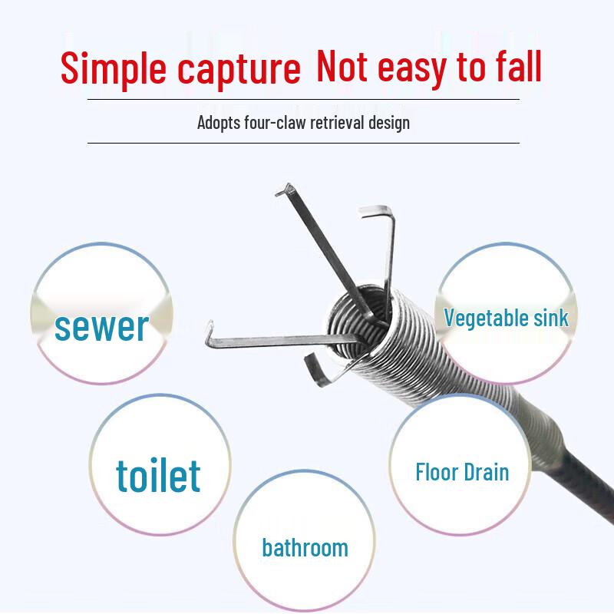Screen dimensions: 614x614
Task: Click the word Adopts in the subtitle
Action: (x=220, y=123)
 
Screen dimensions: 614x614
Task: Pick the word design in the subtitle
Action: (x=389, y=123)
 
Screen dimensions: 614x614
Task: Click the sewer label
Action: (x=101, y=325)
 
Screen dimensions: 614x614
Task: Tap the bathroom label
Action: (x=305, y=548)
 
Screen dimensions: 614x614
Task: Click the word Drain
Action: (x=486, y=470)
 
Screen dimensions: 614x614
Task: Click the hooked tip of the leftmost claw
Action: (x=209, y=330)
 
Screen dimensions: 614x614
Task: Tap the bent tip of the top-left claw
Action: (x=289, y=187)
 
